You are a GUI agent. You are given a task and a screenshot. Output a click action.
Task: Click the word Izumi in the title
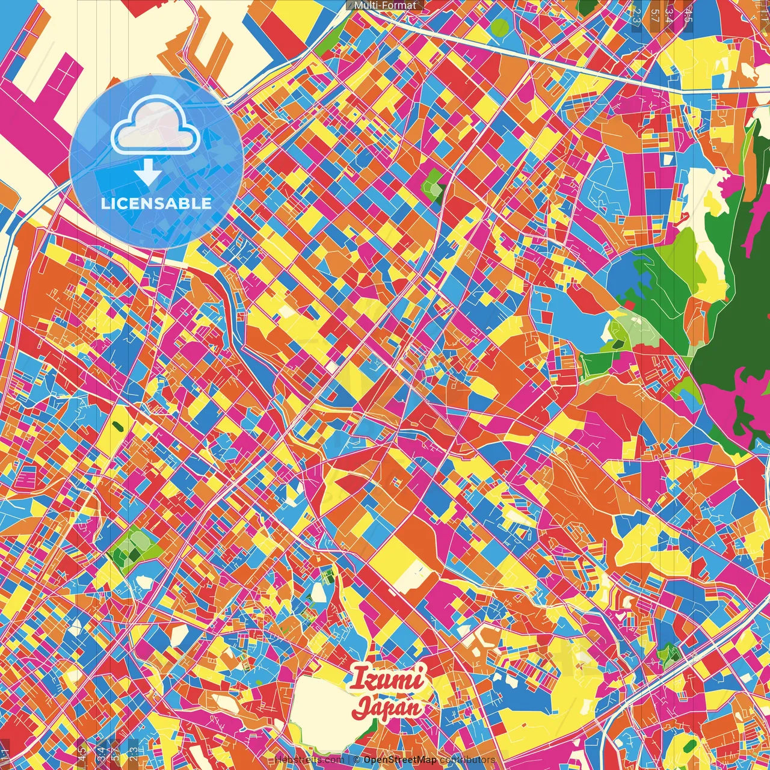[387, 679]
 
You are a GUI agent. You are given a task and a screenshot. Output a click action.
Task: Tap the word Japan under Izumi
[386, 707]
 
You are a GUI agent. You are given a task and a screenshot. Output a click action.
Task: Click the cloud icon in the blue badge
[155, 126]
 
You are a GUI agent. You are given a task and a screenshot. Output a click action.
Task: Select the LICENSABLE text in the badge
[156, 203]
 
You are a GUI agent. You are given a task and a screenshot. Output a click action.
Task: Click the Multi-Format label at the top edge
[385, 5]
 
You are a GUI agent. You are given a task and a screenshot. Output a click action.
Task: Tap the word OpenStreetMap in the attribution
[400, 760]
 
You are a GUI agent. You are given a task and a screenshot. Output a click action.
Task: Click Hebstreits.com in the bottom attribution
[309, 760]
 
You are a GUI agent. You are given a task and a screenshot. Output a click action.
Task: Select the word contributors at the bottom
[467, 760]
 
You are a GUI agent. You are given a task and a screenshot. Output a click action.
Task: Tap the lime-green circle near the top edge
[499, 26]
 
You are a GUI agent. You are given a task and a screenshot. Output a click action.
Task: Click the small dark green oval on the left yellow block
[117, 425]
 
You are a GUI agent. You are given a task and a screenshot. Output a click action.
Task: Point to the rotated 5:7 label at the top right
[655, 14]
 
